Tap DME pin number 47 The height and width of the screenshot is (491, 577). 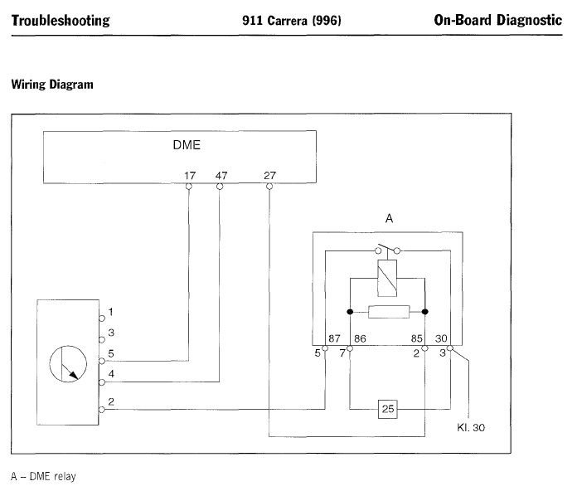pos(220,175)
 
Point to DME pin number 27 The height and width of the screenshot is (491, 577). pos(269,175)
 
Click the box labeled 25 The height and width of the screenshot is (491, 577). pos(386,409)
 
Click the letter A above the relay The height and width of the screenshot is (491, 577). pos(388,218)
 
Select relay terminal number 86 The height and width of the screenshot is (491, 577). pos(360,338)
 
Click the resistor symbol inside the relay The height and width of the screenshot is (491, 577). pos(386,313)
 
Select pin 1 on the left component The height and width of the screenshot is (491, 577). pos(110,313)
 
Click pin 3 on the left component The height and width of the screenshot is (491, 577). pos(110,333)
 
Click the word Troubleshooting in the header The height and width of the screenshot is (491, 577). pos(60,21)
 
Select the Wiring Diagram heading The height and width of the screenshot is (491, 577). pos(51,85)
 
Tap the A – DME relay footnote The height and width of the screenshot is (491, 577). pos(43,477)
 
